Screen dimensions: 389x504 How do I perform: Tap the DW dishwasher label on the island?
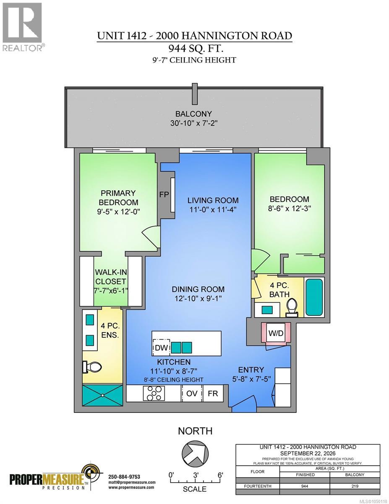click(161, 348)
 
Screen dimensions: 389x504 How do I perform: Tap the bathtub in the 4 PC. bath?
click(314, 297)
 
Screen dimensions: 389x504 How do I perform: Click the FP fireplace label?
click(164, 194)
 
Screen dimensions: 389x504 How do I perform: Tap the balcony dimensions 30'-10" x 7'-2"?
click(194, 123)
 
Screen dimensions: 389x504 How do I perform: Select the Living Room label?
click(213, 200)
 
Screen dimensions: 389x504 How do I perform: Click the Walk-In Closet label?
click(111, 276)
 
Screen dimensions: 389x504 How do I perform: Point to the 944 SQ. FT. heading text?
click(196, 48)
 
